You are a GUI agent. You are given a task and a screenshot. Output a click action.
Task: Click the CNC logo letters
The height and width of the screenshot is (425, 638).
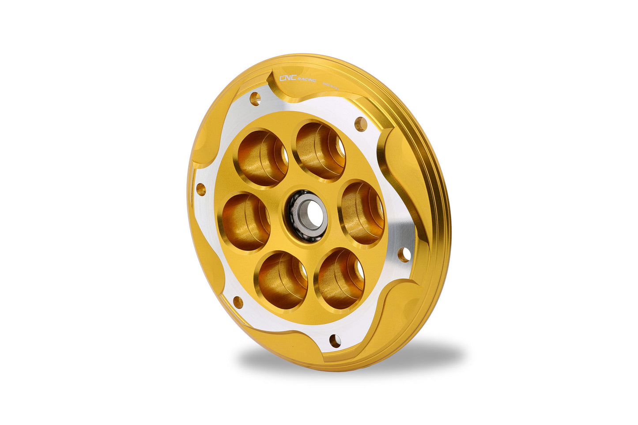288,78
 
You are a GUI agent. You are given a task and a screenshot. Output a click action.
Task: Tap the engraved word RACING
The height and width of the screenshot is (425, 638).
306,79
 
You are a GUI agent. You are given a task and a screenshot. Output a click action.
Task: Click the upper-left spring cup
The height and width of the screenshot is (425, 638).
262,157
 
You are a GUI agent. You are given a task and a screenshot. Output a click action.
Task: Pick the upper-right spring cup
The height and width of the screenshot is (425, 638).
320,150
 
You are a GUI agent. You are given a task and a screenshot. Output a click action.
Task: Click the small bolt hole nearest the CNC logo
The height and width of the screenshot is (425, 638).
255,98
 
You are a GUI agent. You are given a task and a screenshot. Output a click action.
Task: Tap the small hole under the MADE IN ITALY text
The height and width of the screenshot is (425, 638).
361,124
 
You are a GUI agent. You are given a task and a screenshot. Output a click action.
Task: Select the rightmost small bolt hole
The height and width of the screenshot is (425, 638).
404,255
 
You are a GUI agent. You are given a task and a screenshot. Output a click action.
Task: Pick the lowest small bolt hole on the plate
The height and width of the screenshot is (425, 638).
335,341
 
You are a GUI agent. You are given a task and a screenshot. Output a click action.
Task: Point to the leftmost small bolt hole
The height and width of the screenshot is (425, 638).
201,190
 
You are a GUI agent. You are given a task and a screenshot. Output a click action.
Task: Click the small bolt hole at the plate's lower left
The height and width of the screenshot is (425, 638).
238,302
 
